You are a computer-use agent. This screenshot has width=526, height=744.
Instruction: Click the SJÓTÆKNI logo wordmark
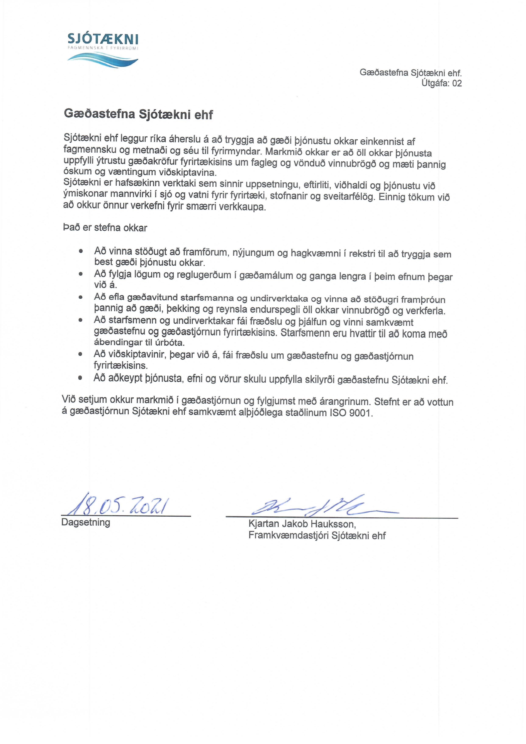click(103, 39)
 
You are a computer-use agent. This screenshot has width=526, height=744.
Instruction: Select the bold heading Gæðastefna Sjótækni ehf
click(139, 114)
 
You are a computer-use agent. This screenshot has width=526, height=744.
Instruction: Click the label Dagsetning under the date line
click(85, 522)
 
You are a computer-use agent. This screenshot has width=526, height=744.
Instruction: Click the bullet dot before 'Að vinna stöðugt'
click(81, 251)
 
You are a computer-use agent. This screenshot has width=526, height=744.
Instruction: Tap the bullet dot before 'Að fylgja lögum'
click(81, 274)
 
